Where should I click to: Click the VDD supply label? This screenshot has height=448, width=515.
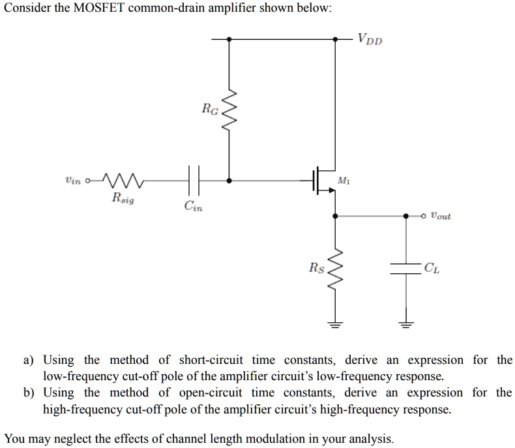pyautogui.click(x=370, y=40)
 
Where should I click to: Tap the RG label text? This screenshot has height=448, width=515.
pyautogui.click(x=209, y=108)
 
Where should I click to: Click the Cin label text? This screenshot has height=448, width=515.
pyautogui.click(x=193, y=207)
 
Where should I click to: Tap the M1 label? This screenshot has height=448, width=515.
pyautogui.click(x=344, y=180)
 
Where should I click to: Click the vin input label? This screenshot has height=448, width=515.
pyautogui.click(x=73, y=181)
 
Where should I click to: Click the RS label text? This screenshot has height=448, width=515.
pyautogui.click(x=316, y=267)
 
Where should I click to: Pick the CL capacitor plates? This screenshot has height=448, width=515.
pyautogui.click(x=406, y=268)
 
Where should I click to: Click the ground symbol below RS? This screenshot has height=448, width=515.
pyautogui.click(x=335, y=322)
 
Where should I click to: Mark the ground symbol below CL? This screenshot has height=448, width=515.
pyautogui.click(x=406, y=322)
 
